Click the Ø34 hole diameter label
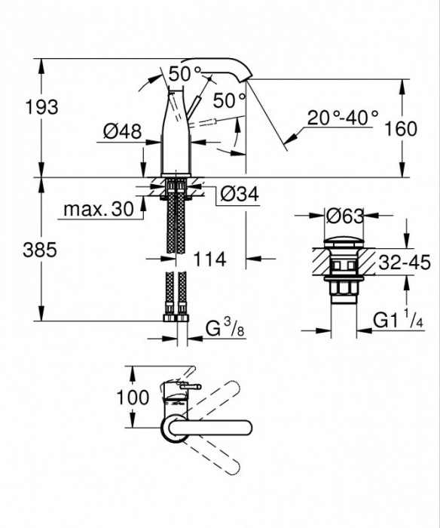[x=240, y=195]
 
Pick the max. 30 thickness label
[x=99, y=208]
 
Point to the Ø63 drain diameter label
[x=346, y=216]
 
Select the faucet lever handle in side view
[x=199, y=106]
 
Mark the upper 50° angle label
[x=185, y=75]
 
